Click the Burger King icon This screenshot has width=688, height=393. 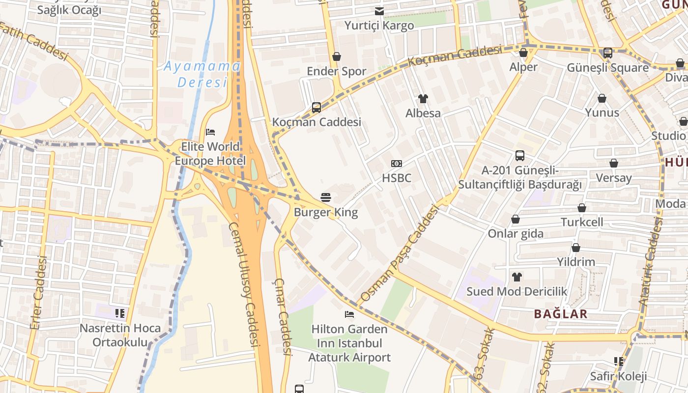[325, 197]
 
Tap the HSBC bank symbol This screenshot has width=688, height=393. [396, 163]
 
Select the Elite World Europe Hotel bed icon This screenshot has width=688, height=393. [210, 132]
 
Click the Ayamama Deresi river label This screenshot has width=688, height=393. [202, 74]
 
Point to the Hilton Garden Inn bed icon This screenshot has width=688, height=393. [349, 314]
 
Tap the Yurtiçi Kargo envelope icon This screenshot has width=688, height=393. [379, 11]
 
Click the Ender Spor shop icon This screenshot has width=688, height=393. [337, 56]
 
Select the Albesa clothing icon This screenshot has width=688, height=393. [423, 99]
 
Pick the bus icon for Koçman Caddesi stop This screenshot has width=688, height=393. [316, 107]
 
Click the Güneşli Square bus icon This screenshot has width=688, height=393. [607, 53]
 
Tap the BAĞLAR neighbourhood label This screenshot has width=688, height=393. [561, 314]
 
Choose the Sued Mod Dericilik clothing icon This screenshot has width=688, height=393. [516, 277]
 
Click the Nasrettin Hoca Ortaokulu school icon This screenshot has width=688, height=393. [120, 313]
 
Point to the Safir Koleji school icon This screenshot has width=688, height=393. [619, 362]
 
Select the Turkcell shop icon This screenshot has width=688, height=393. [582, 208]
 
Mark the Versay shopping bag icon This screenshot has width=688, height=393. [613, 163]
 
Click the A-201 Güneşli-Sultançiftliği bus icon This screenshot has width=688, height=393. [520, 156]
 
